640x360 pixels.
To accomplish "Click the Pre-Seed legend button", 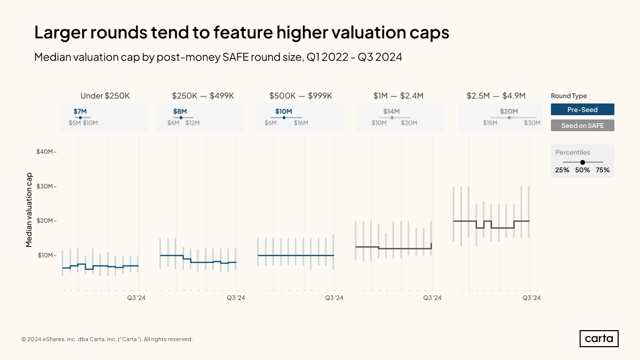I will pyautogui.click(x=582, y=109).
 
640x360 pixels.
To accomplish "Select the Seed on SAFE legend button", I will pyautogui.click(x=582, y=125).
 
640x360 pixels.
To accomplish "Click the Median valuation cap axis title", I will pyautogui.click(x=29, y=210).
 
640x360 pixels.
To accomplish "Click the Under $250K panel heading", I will pyautogui.click(x=105, y=96).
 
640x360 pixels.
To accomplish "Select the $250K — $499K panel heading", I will pyautogui.click(x=203, y=96).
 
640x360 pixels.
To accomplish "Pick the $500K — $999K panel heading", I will pyautogui.click(x=301, y=96).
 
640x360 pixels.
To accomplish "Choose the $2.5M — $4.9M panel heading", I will pyautogui.click(x=496, y=96).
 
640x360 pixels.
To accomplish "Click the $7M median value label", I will pyautogui.click(x=80, y=111).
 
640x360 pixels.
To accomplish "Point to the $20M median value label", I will pyautogui.click(x=509, y=111).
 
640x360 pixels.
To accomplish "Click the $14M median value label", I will pyautogui.click(x=391, y=111).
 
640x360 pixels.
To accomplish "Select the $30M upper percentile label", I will pyautogui.click(x=532, y=123).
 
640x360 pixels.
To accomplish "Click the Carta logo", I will pyautogui.click(x=599, y=339).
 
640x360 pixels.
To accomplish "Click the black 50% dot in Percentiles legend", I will pyautogui.click(x=582, y=162).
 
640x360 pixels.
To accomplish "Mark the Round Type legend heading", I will pyautogui.click(x=569, y=96).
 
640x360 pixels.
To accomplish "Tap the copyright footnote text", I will pyautogui.click(x=107, y=339).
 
